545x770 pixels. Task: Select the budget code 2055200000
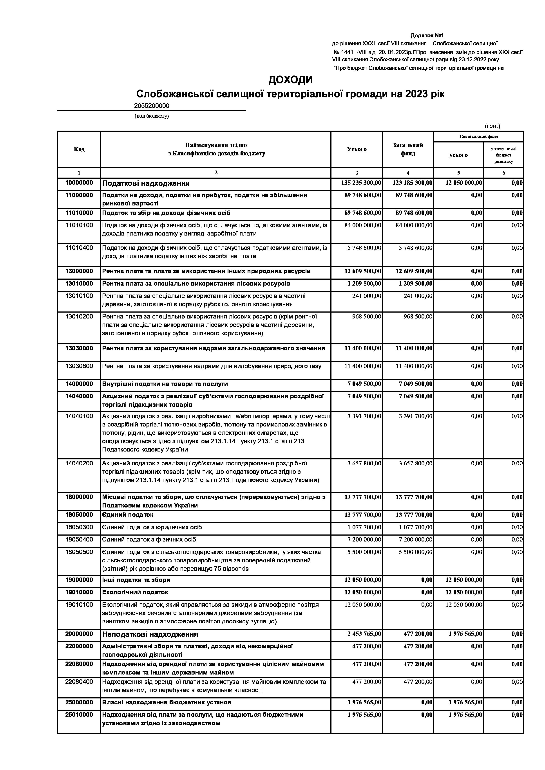coord(152,106)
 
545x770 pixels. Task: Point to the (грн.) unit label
coord(492,126)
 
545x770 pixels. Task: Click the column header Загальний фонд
coord(408,149)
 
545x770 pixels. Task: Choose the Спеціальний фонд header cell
coord(479,137)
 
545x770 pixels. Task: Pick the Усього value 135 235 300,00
coord(361,183)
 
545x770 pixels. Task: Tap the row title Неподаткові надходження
coord(150,635)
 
